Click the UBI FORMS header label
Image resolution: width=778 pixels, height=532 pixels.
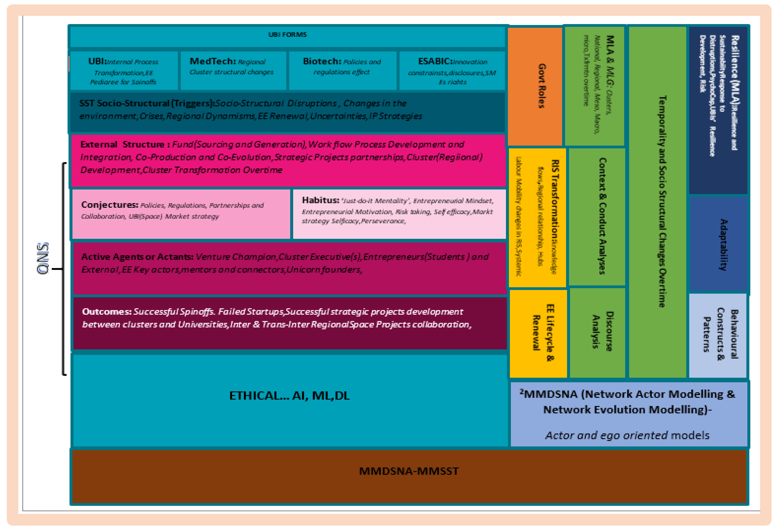click(287, 34)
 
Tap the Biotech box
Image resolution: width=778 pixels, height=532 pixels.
click(342, 70)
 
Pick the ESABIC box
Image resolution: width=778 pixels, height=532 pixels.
click(452, 70)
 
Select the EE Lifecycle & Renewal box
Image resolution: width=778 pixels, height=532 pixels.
click(538, 333)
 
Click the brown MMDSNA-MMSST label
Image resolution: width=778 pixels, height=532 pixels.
click(409, 471)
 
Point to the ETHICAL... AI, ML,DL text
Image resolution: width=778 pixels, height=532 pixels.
click(289, 396)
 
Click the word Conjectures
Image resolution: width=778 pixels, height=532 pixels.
click(110, 205)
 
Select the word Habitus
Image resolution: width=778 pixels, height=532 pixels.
click(320, 200)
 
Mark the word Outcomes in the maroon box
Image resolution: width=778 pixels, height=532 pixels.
click(106, 311)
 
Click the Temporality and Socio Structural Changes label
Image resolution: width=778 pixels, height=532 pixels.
click(658, 201)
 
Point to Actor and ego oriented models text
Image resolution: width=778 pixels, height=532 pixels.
click(627, 435)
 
